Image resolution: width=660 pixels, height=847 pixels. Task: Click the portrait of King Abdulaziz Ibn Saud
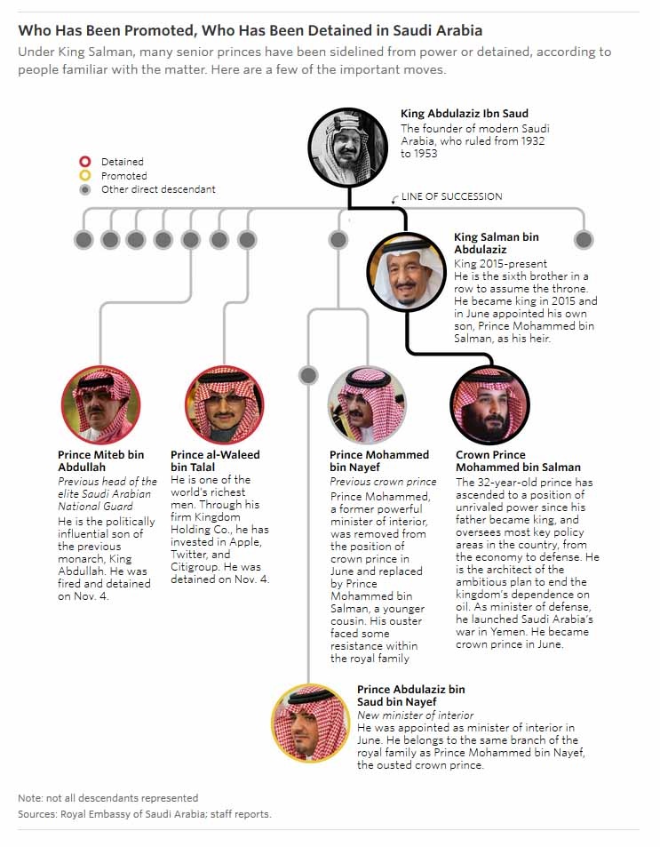click(x=347, y=148)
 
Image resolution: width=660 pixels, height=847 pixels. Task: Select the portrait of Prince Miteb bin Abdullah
click(x=100, y=404)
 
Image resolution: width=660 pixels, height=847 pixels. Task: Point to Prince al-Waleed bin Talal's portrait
click(x=224, y=404)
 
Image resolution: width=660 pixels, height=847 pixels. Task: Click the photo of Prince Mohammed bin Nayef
click(x=367, y=404)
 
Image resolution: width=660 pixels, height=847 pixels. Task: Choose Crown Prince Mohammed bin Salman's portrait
click(x=489, y=404)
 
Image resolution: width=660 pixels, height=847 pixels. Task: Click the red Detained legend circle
click(x=85, y=162)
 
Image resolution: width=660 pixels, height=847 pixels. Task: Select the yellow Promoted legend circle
click(x=85, y=176)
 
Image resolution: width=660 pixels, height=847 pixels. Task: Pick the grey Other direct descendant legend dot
click(x=85, y=189)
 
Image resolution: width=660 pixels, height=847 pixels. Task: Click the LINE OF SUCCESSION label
click(x=451, y=196)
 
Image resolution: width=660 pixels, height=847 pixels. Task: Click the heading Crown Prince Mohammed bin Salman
click(x=518, y=460)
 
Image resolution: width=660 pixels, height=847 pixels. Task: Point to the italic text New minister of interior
click(x=415, y=715)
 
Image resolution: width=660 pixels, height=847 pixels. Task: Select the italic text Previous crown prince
click(x=383, y=482)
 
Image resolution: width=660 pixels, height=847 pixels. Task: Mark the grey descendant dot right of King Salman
click(x=584, y=239)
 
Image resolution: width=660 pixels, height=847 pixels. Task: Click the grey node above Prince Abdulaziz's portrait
click(x=308, y=375)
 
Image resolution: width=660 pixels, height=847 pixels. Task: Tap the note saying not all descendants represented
click(x=108, y=798)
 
